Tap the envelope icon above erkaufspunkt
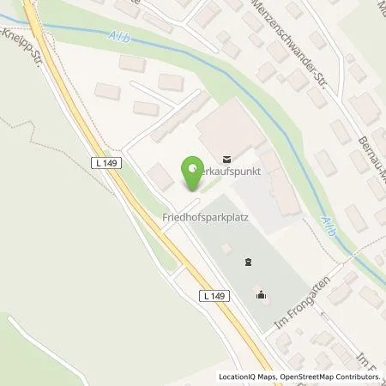point(226,158)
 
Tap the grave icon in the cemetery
point(248,262)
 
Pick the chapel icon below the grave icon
point(261,298)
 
